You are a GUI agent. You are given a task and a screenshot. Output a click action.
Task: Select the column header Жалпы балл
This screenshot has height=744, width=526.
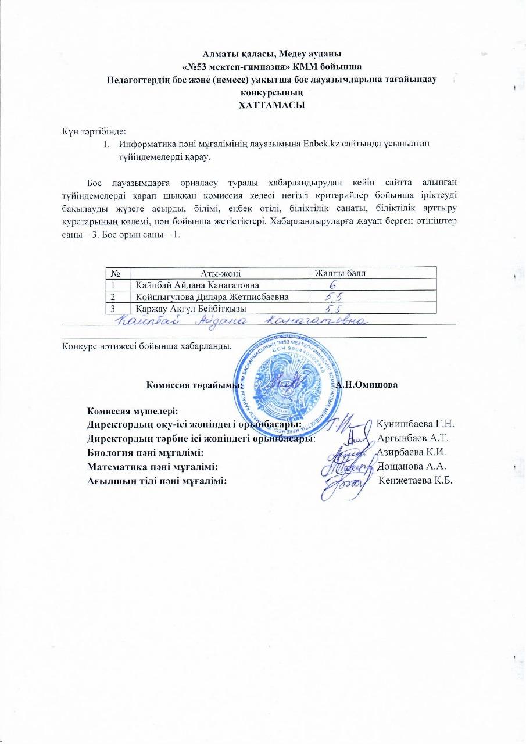[x=339, y=273]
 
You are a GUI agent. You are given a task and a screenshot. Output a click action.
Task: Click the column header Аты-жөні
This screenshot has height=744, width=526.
[x=220, y=273]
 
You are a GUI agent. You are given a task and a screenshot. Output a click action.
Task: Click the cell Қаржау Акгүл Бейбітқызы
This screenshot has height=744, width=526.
[x=190, y=308]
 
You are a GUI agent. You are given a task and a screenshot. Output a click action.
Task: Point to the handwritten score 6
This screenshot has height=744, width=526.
[x=332, y=285]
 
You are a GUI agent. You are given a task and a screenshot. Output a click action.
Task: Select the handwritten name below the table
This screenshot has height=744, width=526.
[x=239, y=320]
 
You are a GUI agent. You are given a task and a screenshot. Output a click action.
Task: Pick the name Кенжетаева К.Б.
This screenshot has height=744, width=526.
[x=416, y=480]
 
